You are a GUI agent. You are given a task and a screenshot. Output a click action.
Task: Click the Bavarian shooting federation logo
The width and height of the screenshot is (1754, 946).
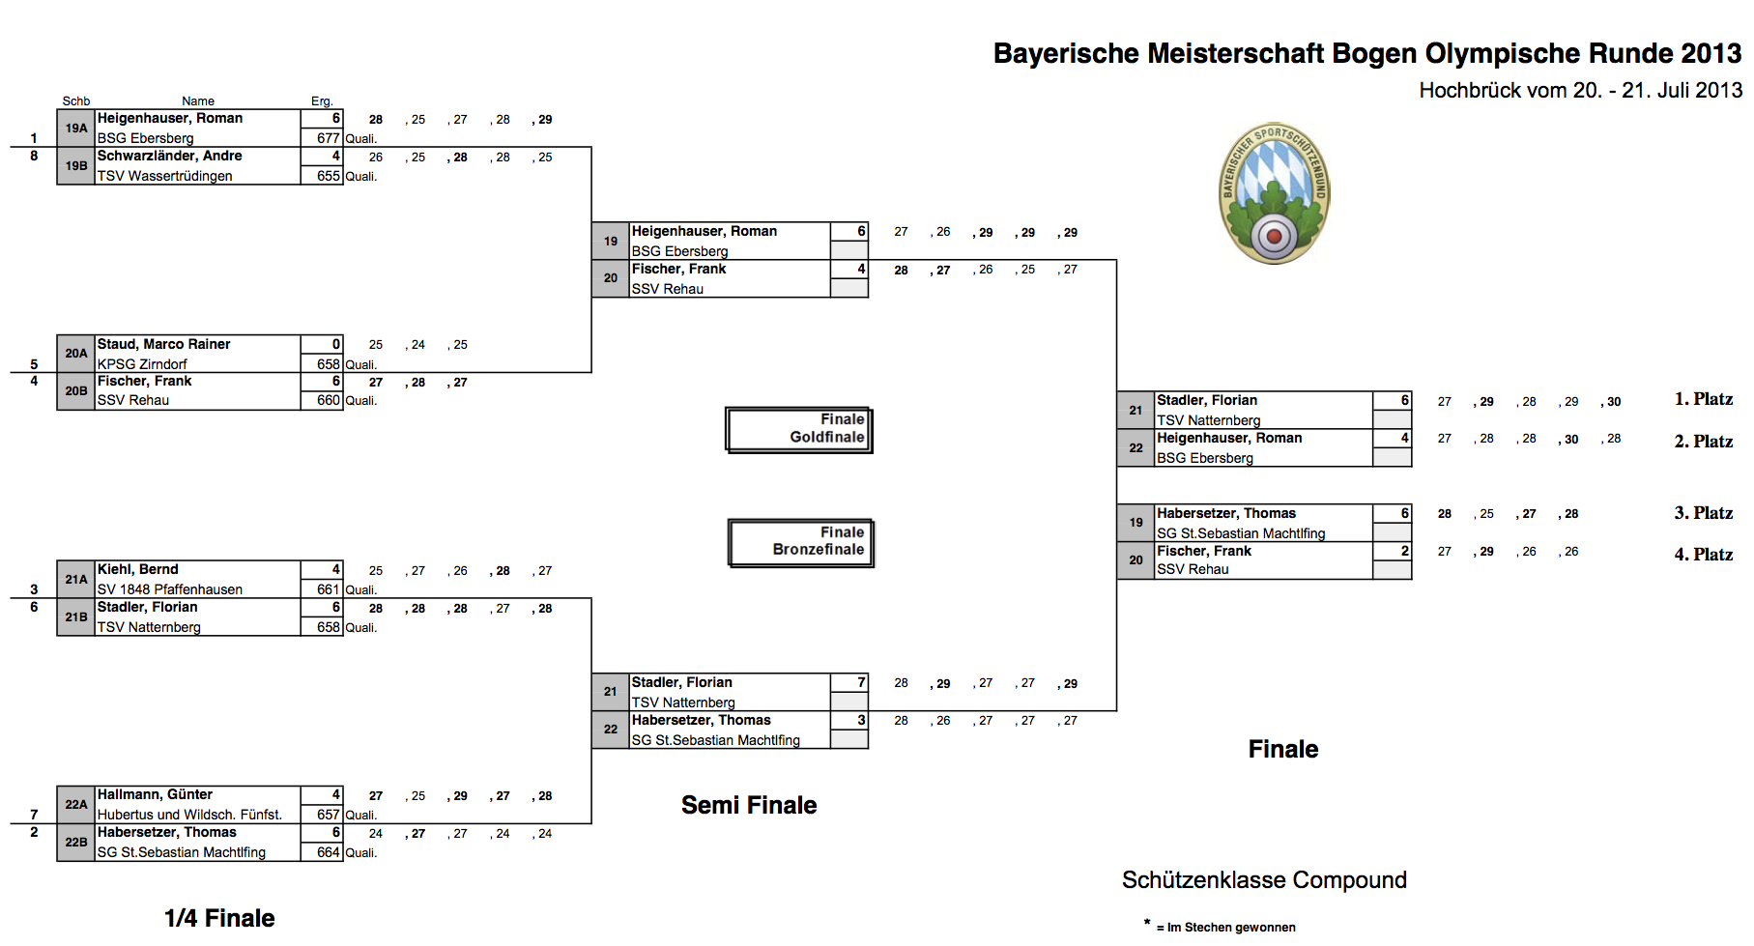1274,193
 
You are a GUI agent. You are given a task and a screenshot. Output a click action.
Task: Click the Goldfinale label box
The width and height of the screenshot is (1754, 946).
798,429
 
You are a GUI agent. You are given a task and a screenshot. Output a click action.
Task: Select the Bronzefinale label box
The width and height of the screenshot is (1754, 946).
800,542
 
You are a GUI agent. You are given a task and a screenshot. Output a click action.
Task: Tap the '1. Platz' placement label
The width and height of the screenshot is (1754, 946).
1703,399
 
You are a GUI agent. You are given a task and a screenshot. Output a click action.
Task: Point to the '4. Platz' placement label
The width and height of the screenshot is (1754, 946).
1703,555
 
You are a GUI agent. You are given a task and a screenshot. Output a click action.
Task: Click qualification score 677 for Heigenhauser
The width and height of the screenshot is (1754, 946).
329,138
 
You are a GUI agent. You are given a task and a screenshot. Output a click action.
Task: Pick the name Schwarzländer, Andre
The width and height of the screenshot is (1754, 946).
170,157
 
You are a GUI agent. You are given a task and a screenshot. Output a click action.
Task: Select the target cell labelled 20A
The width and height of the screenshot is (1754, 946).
76,354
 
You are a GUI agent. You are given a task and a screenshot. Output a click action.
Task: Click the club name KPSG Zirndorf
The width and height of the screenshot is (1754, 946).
142,364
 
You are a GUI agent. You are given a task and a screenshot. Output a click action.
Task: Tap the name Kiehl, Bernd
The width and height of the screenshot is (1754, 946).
138,569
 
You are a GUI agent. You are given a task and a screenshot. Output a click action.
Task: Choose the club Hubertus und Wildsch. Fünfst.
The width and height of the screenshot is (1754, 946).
189,815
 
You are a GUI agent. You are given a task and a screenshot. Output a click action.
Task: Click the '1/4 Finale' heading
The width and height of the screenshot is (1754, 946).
219,918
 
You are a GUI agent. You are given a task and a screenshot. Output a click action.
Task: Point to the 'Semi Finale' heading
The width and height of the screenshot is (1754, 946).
749,805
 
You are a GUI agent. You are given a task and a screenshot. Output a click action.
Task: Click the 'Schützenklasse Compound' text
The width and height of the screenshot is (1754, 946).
1264,880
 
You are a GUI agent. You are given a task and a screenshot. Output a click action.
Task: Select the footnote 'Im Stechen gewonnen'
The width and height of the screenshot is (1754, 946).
1230,928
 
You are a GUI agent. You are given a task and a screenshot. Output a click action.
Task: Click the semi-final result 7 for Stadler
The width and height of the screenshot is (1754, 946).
861,682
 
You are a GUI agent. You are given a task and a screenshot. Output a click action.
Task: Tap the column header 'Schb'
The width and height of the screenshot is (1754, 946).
76,101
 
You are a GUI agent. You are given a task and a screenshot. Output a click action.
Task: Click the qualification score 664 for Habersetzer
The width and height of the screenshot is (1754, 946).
329,852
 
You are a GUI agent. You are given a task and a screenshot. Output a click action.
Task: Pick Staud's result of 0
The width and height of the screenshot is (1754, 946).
335,344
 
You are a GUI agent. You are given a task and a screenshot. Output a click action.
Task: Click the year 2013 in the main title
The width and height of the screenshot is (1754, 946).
1711,53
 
